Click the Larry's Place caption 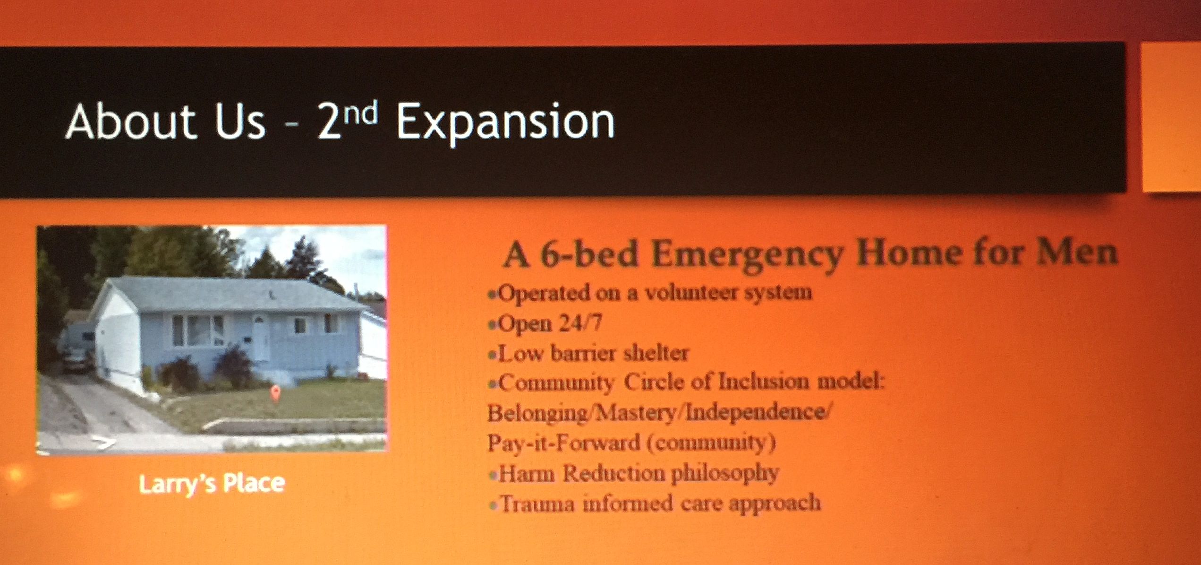click(212, 483)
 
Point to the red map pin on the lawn click(274, 393)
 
